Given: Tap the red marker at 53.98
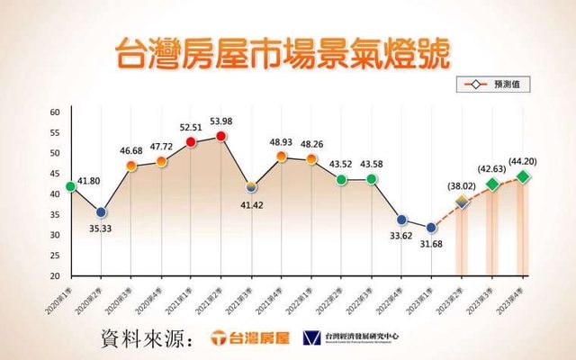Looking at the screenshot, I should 221,136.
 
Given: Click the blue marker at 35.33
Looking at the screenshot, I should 101,212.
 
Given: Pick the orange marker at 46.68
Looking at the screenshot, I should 130,166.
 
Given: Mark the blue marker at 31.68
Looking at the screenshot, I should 432,227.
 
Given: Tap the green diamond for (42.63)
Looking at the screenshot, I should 492,184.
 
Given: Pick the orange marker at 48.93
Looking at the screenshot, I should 282,157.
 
